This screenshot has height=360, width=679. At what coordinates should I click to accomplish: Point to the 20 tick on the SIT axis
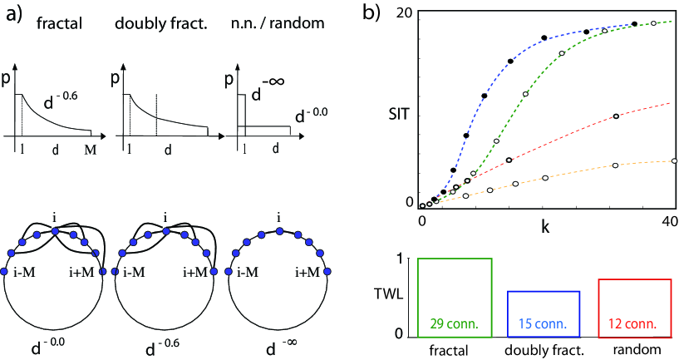[x=405, y=12]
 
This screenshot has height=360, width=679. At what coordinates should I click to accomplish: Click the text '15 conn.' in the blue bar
[x=543, y=323]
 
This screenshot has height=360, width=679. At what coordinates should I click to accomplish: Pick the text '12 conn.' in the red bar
[x=633, y=323]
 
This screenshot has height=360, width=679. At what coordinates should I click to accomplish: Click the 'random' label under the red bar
[x=633, y=349]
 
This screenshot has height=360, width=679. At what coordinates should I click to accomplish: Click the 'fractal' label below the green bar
[x=454, y=349]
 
